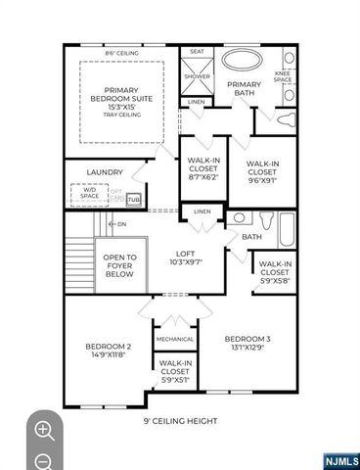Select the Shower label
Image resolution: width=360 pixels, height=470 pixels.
point(197,75)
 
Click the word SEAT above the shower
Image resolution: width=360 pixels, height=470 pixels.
point(197,52)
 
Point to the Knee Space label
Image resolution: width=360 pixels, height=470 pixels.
point(282,75)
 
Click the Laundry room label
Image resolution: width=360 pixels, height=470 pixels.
point(105,172)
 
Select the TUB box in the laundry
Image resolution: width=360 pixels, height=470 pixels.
point(134,199)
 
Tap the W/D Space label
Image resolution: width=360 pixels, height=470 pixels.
point(90,194)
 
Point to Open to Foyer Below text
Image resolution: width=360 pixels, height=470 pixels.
point(119,267)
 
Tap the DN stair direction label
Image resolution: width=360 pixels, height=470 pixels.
point(120,224)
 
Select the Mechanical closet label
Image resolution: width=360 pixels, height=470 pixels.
point(175,339)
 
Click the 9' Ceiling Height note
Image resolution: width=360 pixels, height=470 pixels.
point(181,421)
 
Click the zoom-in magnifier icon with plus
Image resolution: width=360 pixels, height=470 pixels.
point(44,430)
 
